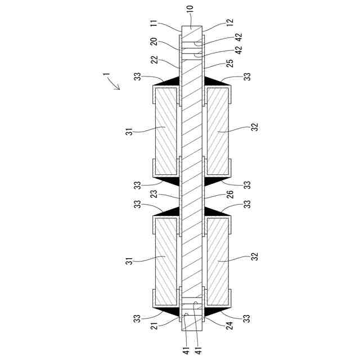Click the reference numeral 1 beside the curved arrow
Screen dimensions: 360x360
pyautogui.click(x=106, y=74)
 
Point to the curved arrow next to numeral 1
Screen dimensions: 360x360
pyautogui.click(x=115, y=85)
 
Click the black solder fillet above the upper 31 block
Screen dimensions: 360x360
pyautogui.click(x=169, y=82)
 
